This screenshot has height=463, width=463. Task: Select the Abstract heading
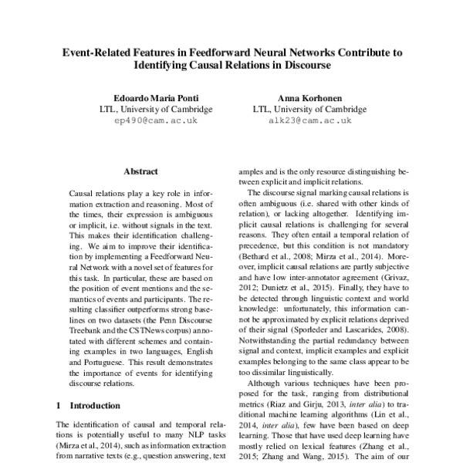(140, 171)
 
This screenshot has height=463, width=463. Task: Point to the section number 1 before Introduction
(59, 405)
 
